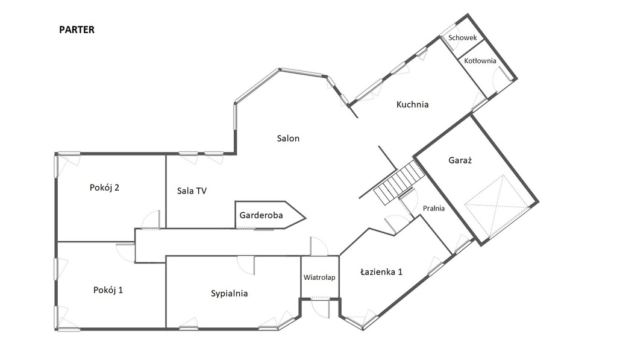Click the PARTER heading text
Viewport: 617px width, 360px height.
pos(77,30)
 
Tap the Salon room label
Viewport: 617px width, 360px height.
pos(288,138)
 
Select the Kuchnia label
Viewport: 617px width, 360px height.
pos(412,104)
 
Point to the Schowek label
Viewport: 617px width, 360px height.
pos(463,38)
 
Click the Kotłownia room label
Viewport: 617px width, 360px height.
pos(480,61)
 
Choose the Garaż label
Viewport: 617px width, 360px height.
pos(460,160)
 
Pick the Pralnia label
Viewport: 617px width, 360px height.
pos(434,209)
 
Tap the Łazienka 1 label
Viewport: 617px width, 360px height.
pos(381,272)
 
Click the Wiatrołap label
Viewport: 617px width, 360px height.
pos(319,277)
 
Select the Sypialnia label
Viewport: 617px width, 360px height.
pos(229,294)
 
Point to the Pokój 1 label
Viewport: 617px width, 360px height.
pos(108,290)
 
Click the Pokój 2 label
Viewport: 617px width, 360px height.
pos(104,188)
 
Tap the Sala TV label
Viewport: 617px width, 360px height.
pos(192,191)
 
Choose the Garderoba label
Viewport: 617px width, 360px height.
pos(261,215)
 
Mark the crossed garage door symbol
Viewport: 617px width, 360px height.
pos(497,207)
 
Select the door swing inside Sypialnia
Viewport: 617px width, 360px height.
pos(246,265)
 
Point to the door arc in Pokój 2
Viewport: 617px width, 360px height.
pos(151,219)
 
